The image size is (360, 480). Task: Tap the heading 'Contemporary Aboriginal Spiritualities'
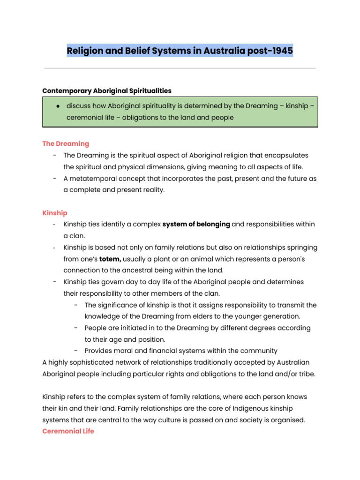[107, 90]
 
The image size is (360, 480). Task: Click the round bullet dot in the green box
[57, 106]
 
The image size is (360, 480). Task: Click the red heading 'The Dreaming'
[66, 143]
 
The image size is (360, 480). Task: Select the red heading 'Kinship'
[55, 213]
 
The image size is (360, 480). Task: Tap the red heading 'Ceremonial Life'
[68, 431]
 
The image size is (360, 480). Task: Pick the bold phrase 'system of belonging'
[196, 225]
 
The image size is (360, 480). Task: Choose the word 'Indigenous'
[215, 408]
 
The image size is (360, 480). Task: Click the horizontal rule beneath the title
[180, 68]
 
